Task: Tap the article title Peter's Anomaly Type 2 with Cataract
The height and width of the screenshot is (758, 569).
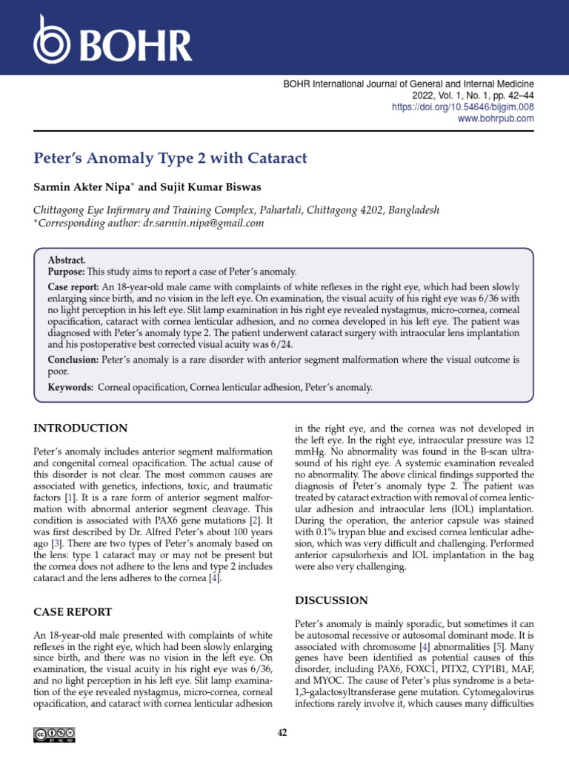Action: click(170, 158)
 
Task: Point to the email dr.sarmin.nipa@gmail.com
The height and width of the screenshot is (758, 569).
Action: click(203, 223)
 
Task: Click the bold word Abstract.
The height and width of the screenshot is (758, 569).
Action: click(67, 261)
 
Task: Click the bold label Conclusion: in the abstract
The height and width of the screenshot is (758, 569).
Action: click(73, 360)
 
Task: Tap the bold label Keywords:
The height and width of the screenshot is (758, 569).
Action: click(70, 387)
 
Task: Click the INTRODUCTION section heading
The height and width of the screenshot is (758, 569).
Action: click(81, 429)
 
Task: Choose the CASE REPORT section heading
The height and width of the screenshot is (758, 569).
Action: click(73, 611)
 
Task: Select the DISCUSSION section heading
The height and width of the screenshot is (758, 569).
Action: click(331, 600)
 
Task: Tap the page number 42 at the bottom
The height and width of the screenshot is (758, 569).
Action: click(282, 733)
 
